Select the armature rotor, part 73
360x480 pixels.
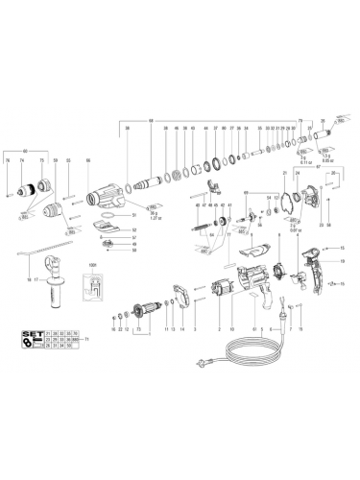click(146, 311)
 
